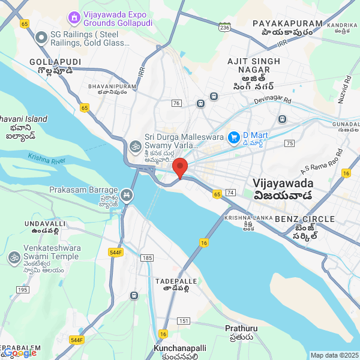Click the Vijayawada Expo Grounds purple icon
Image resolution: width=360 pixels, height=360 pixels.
[x=74, y=17]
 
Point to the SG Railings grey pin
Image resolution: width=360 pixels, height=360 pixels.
[x=41, y=38]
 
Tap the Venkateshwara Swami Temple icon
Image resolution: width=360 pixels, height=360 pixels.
[x=14, y=257]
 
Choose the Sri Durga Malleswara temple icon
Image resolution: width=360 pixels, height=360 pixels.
[x=134, y=145]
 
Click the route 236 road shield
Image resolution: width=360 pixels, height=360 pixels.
[x=225, y=28]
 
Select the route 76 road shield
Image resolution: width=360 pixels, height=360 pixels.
[x=176, y=103]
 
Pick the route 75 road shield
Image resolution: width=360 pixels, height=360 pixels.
[x=290, y=143]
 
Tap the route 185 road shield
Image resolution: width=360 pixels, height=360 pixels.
[x=146, y=257]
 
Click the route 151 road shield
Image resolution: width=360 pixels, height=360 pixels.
[x=184, y=322]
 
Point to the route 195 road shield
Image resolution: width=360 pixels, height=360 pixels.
[x=23, y=290]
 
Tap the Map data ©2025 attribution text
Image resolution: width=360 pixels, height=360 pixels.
[x=334, y=355]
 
